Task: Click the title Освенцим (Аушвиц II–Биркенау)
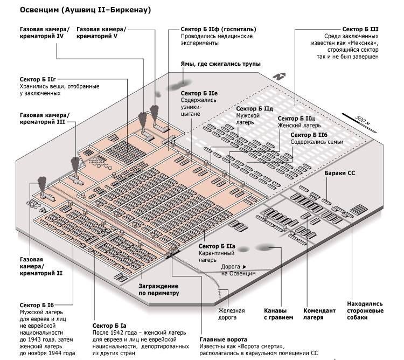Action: click(x=85, y=10)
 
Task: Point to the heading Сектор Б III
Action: click(x=360, y=29)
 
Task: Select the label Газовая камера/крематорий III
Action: click(x=45, y=119)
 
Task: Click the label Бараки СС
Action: click(x=340, y=174)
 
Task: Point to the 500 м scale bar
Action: click(x=354, y=119)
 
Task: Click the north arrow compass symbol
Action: click(x=277, y=77)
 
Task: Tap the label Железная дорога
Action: click(x=232, y=314)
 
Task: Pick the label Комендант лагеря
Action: click(x=320, y=314)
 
